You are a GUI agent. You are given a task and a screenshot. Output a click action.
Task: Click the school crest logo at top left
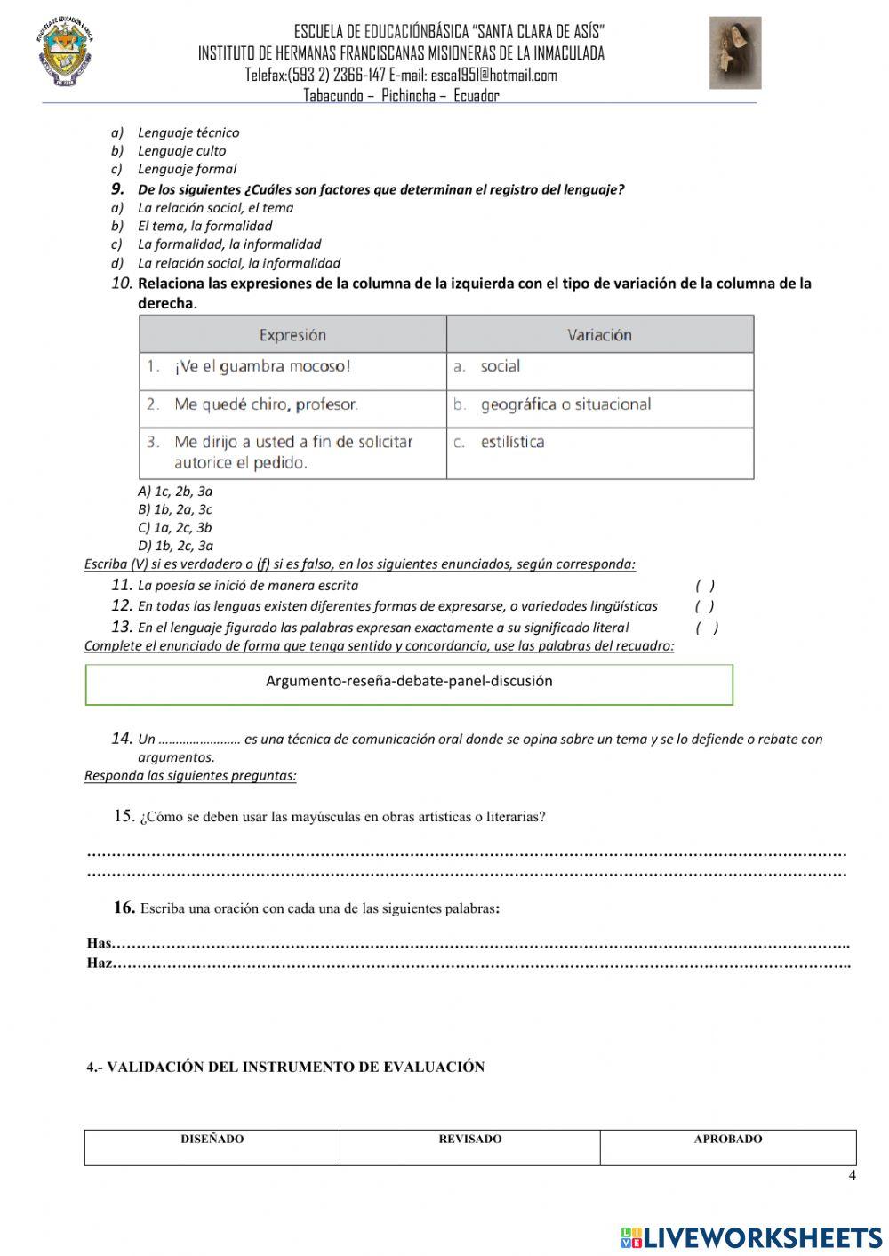[x=65, y=53]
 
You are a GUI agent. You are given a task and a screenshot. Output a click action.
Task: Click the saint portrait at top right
[x=734, y=52]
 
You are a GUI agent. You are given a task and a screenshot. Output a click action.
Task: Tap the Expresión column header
[x=292, y=335]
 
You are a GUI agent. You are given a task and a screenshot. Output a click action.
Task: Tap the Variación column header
[x=599, y=335]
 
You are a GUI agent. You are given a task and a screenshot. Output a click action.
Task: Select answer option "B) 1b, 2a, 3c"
[x=175, y=509]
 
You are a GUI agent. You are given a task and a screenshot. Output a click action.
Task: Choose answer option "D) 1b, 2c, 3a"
[x=175, y=546]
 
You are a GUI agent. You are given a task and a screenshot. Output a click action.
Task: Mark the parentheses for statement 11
[x=705, y=586]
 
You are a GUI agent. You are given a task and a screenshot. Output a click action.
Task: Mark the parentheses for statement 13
[x=708, y=628]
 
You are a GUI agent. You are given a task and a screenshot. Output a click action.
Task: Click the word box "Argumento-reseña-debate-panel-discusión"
[x=409, y=682]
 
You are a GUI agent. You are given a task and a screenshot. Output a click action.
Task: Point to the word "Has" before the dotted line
[x=100, y=943]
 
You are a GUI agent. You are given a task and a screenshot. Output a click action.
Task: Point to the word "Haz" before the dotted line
[x=100, y=963]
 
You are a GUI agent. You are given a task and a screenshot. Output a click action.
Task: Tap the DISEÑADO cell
[x=212, y=1147]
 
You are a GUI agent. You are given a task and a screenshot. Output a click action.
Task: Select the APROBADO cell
[x=727, y=1147]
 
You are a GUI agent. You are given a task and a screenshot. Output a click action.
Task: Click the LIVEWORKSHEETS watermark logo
[x=751, y=1236]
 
